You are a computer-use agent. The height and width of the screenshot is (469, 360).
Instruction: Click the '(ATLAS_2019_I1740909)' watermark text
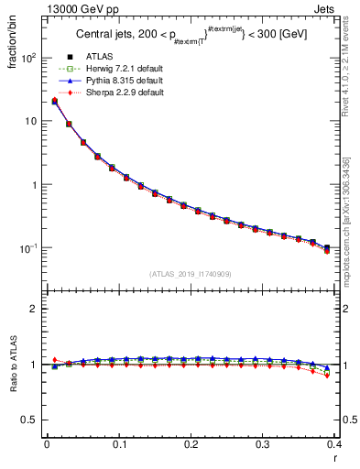point(190,274)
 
